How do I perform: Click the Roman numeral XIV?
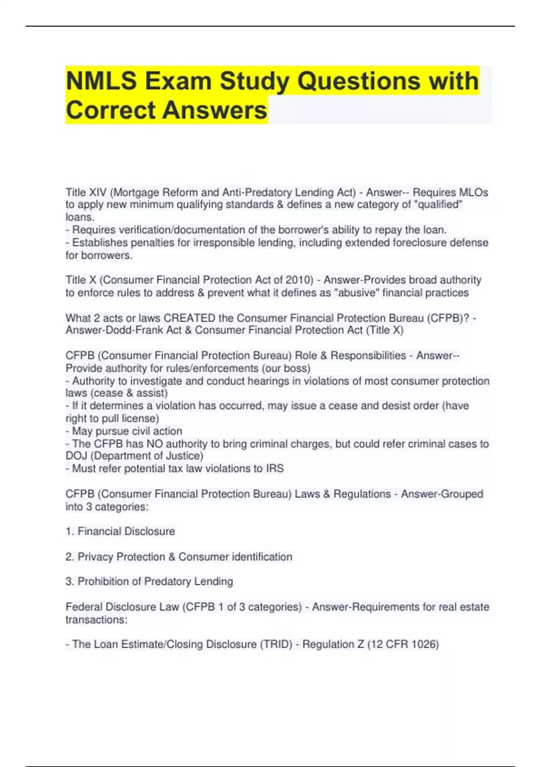(x=98, y=192)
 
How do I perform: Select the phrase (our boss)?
(x=284, y=368)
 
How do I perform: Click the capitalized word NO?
(x=155, y=444)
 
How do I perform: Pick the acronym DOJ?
(x=76, y=456)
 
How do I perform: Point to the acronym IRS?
(x=275, y=469)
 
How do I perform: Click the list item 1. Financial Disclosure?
(x=120, y=531)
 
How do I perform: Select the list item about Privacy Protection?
(x=179, y=557)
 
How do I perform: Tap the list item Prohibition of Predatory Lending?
(x=149, y=582)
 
